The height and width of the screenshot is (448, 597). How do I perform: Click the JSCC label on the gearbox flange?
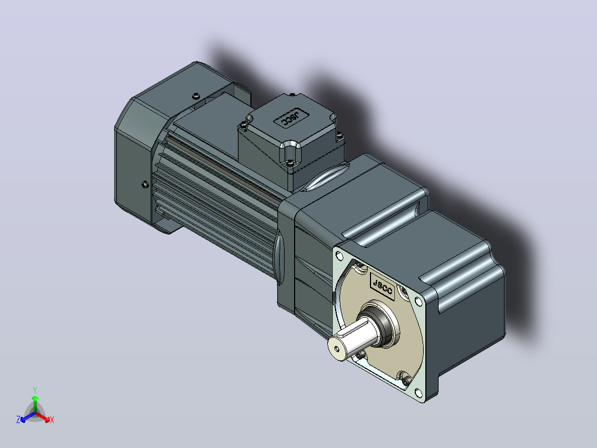382,286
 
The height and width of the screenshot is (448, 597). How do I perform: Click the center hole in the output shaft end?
337,349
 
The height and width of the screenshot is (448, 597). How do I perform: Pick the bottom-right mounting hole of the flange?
419,393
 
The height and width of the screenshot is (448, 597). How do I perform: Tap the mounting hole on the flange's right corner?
419,302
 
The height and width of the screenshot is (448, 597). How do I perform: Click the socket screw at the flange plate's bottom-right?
405,379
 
